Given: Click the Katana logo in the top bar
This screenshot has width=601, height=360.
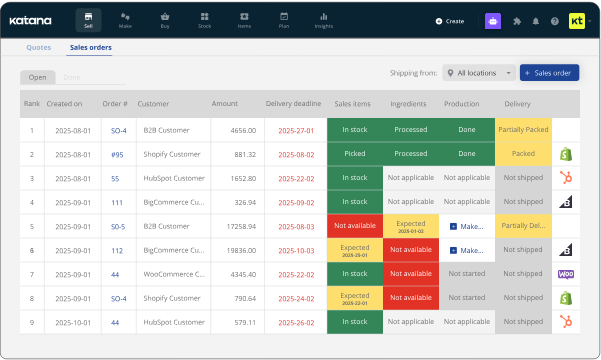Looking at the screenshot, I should (31, 20).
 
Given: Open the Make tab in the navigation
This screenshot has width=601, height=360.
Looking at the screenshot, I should (125, 20).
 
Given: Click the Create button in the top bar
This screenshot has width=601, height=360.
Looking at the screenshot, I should (450, 20).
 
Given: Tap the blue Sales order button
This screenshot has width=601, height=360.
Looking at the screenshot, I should (549, 73).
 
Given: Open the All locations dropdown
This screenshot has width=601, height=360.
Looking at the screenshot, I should (479, 73).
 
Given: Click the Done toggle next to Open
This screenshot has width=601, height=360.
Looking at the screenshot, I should (71, 77).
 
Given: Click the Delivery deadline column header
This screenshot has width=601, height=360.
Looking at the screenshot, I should (293, 103).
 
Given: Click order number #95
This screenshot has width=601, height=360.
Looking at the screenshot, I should (116, 154).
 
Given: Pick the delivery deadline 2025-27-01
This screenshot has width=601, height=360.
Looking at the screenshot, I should (296, 130).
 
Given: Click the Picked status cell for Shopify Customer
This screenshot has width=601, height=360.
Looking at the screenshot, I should (354, 154).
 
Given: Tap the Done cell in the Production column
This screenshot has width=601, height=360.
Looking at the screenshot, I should (466, 130).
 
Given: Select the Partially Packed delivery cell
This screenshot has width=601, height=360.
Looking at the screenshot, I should (522, 130).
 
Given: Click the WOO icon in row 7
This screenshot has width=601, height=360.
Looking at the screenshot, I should (564, 274).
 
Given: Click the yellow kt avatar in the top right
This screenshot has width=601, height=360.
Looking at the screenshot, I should (577, 20).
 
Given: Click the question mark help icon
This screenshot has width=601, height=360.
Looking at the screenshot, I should (553, 20).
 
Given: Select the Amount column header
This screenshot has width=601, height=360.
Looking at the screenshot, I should (224, 103).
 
